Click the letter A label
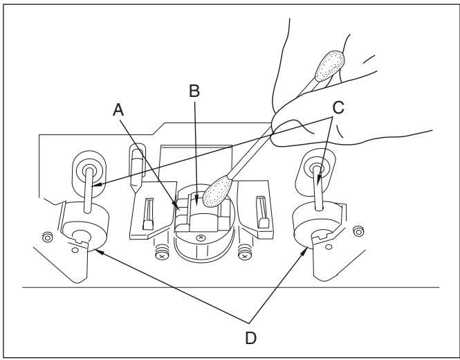(118, 110)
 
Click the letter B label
(194, 91)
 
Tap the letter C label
(338, 107)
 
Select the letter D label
(250, 339)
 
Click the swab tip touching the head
(217, 192)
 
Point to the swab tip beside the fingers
(330, 66)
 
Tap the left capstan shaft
(89, 190)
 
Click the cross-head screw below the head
(201, 237)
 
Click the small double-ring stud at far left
(48, 237)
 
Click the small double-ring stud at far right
(358, 231)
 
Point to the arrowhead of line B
(197, 201)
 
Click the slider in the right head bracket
(263, 213)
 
